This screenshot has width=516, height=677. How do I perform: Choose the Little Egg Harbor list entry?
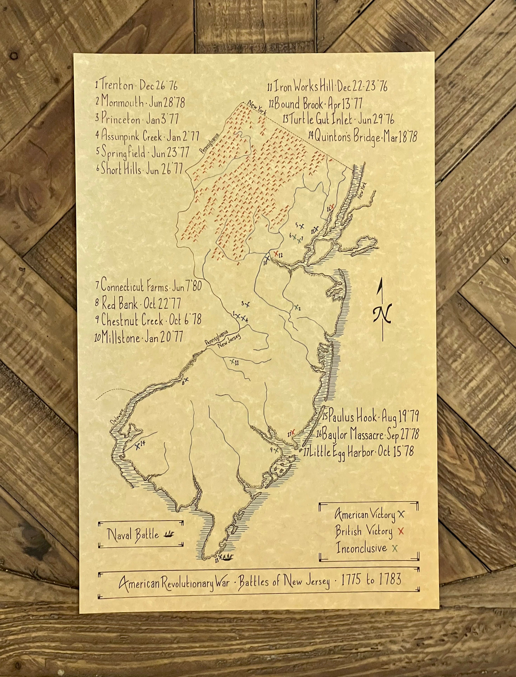pyautogui.click(x=358, y=452)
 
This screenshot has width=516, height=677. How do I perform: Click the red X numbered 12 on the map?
pyautogui.click(x=276, y=253)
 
